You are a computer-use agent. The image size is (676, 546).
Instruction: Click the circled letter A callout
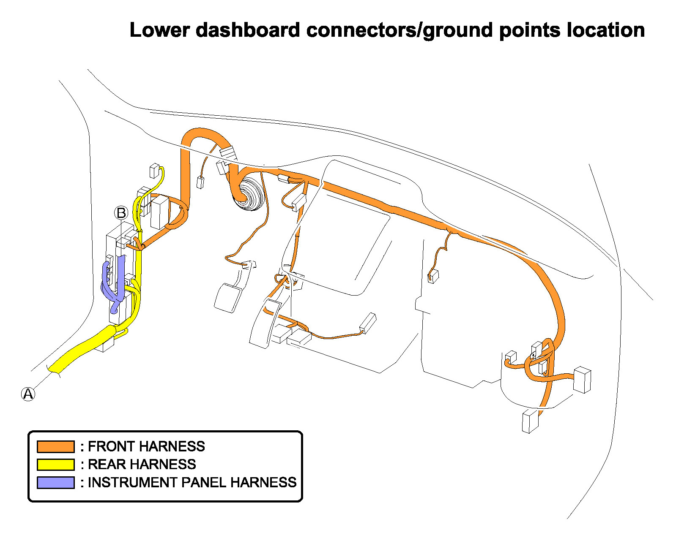(x=28, y=394)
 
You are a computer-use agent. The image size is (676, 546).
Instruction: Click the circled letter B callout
(x=121, y=213)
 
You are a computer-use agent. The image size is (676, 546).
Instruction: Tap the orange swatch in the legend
(x=55, y=446)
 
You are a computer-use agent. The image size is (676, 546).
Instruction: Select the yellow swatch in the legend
(x=55, y=464)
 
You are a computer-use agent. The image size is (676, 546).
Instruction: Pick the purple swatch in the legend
(x=55, y=482)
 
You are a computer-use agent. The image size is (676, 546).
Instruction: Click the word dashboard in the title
(x=248, y=30)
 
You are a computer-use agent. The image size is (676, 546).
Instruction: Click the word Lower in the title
(x=159, y=30)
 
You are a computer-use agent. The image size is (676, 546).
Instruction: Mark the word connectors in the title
(x=361, y=30)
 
